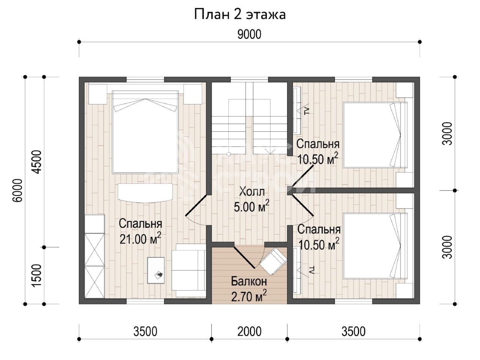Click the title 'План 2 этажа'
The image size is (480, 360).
[240, 15]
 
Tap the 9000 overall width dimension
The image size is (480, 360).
[249, 34]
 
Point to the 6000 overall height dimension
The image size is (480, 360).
[18, 190]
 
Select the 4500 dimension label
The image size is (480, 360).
[36, 162]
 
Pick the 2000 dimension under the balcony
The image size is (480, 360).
[249, 331]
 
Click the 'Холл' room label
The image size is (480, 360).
[252, 192]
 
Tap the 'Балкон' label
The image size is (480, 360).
[249, 282]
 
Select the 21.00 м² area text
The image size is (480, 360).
[140, 238]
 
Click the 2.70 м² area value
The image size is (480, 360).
[249, 296]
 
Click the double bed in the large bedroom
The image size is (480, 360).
[145, 132]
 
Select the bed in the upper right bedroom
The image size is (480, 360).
[375, 135]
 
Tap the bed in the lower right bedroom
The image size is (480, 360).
[375, 246]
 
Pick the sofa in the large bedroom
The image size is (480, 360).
[189, 270]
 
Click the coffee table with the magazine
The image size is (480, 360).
[156, 270]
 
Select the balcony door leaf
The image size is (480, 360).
[244, 258]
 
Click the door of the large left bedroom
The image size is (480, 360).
[196, 205]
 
